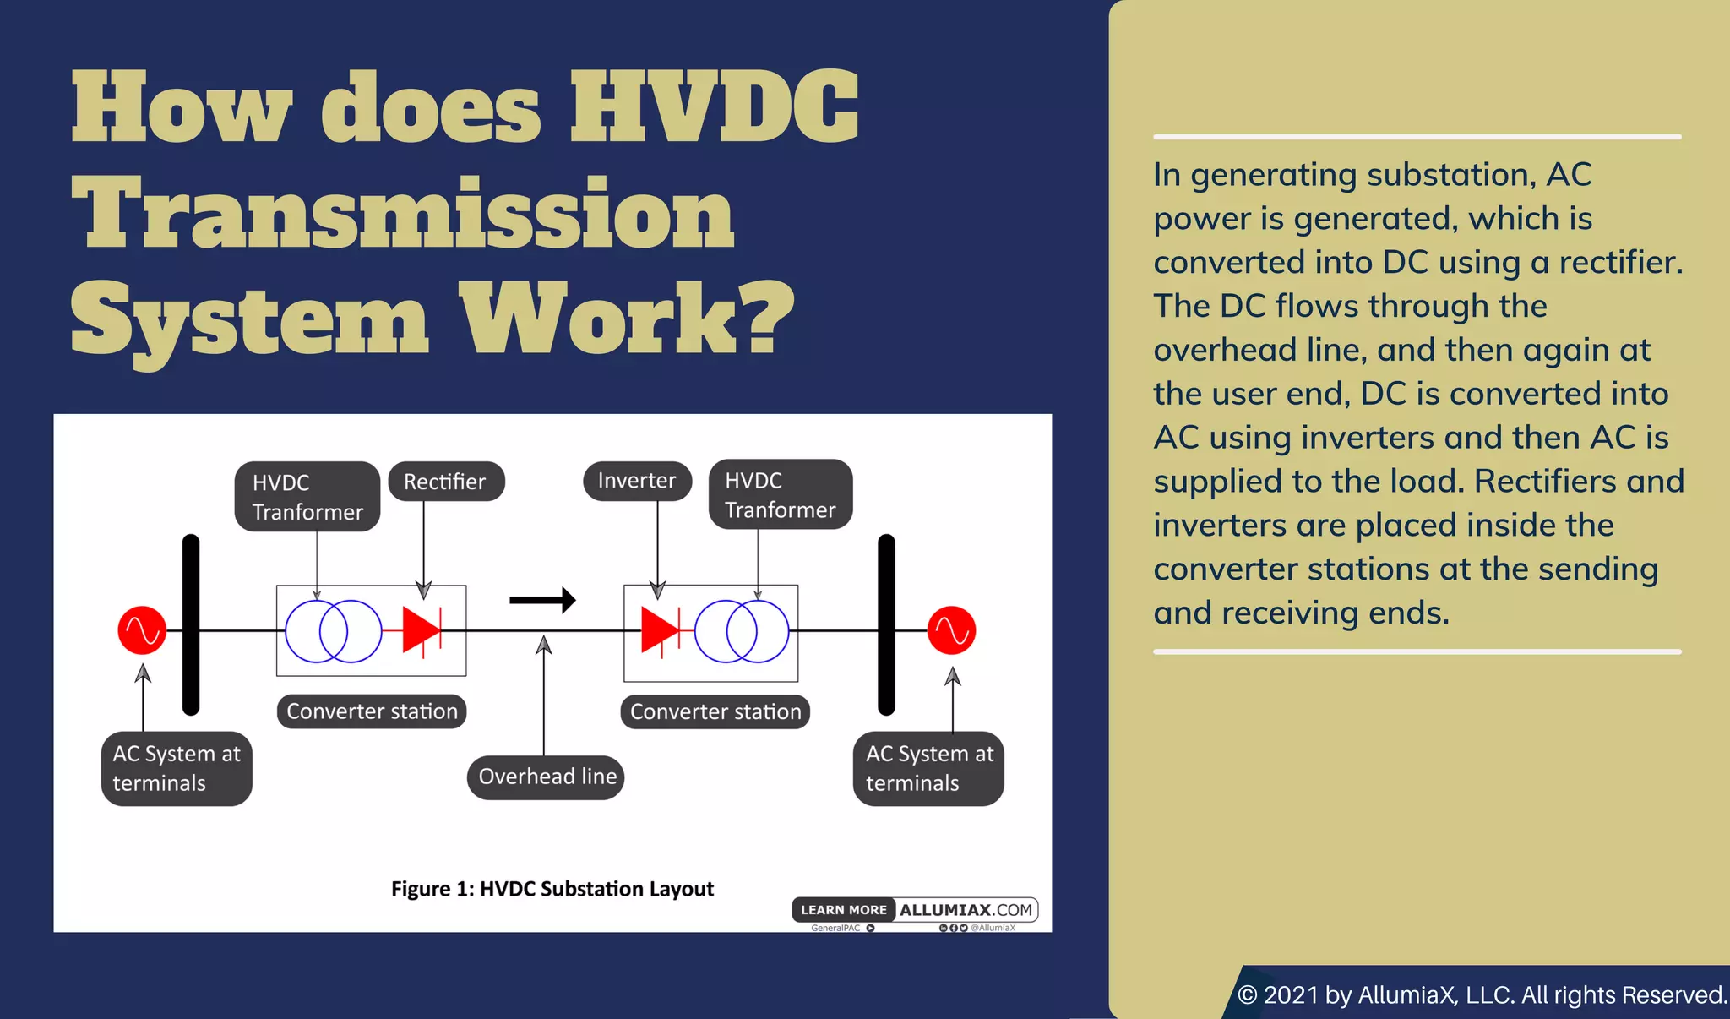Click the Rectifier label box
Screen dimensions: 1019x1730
[446, 482]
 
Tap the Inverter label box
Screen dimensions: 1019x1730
[637, 481]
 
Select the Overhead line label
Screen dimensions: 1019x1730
[546, 777]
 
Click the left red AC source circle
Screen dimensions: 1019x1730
[142, 630]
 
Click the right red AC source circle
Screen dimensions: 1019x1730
[951, 630]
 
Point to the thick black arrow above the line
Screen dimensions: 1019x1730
[542, 600]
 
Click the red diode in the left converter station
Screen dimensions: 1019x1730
[421, 630]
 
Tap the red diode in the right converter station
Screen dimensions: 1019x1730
[660, 630]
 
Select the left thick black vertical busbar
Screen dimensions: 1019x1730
[191, 625]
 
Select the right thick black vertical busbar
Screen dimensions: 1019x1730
[886, 625]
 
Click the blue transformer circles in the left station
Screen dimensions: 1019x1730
[333, 631]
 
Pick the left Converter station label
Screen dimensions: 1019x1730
[372, 711]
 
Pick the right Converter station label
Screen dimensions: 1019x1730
[715, 711]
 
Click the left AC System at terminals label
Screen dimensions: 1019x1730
[177, 768]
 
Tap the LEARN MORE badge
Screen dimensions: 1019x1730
[843, 910]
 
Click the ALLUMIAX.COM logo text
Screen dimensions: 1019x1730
[966, 910]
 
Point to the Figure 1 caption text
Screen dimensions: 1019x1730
[552, 889]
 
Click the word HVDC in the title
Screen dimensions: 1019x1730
[715, 108]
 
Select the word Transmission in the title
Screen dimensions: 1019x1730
[403, 212]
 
